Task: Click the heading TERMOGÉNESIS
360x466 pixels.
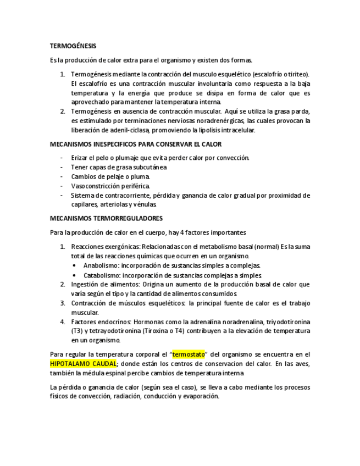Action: tap(73, 46)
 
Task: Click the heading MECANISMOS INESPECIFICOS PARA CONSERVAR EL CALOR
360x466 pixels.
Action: tap(136, 145)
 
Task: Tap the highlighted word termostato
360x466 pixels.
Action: tap(188, 354)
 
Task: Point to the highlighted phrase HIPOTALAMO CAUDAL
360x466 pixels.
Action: tap(83, 364)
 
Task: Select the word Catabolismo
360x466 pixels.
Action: tap(102, 275)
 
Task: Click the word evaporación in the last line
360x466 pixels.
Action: tap(202, 396)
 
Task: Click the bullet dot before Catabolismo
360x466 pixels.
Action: tap(74, 275)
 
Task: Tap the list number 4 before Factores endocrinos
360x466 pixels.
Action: tap(63, 321)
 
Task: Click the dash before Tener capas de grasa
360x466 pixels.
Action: tap(62, 167)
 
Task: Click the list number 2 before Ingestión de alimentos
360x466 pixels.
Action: tap(63, 284)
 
